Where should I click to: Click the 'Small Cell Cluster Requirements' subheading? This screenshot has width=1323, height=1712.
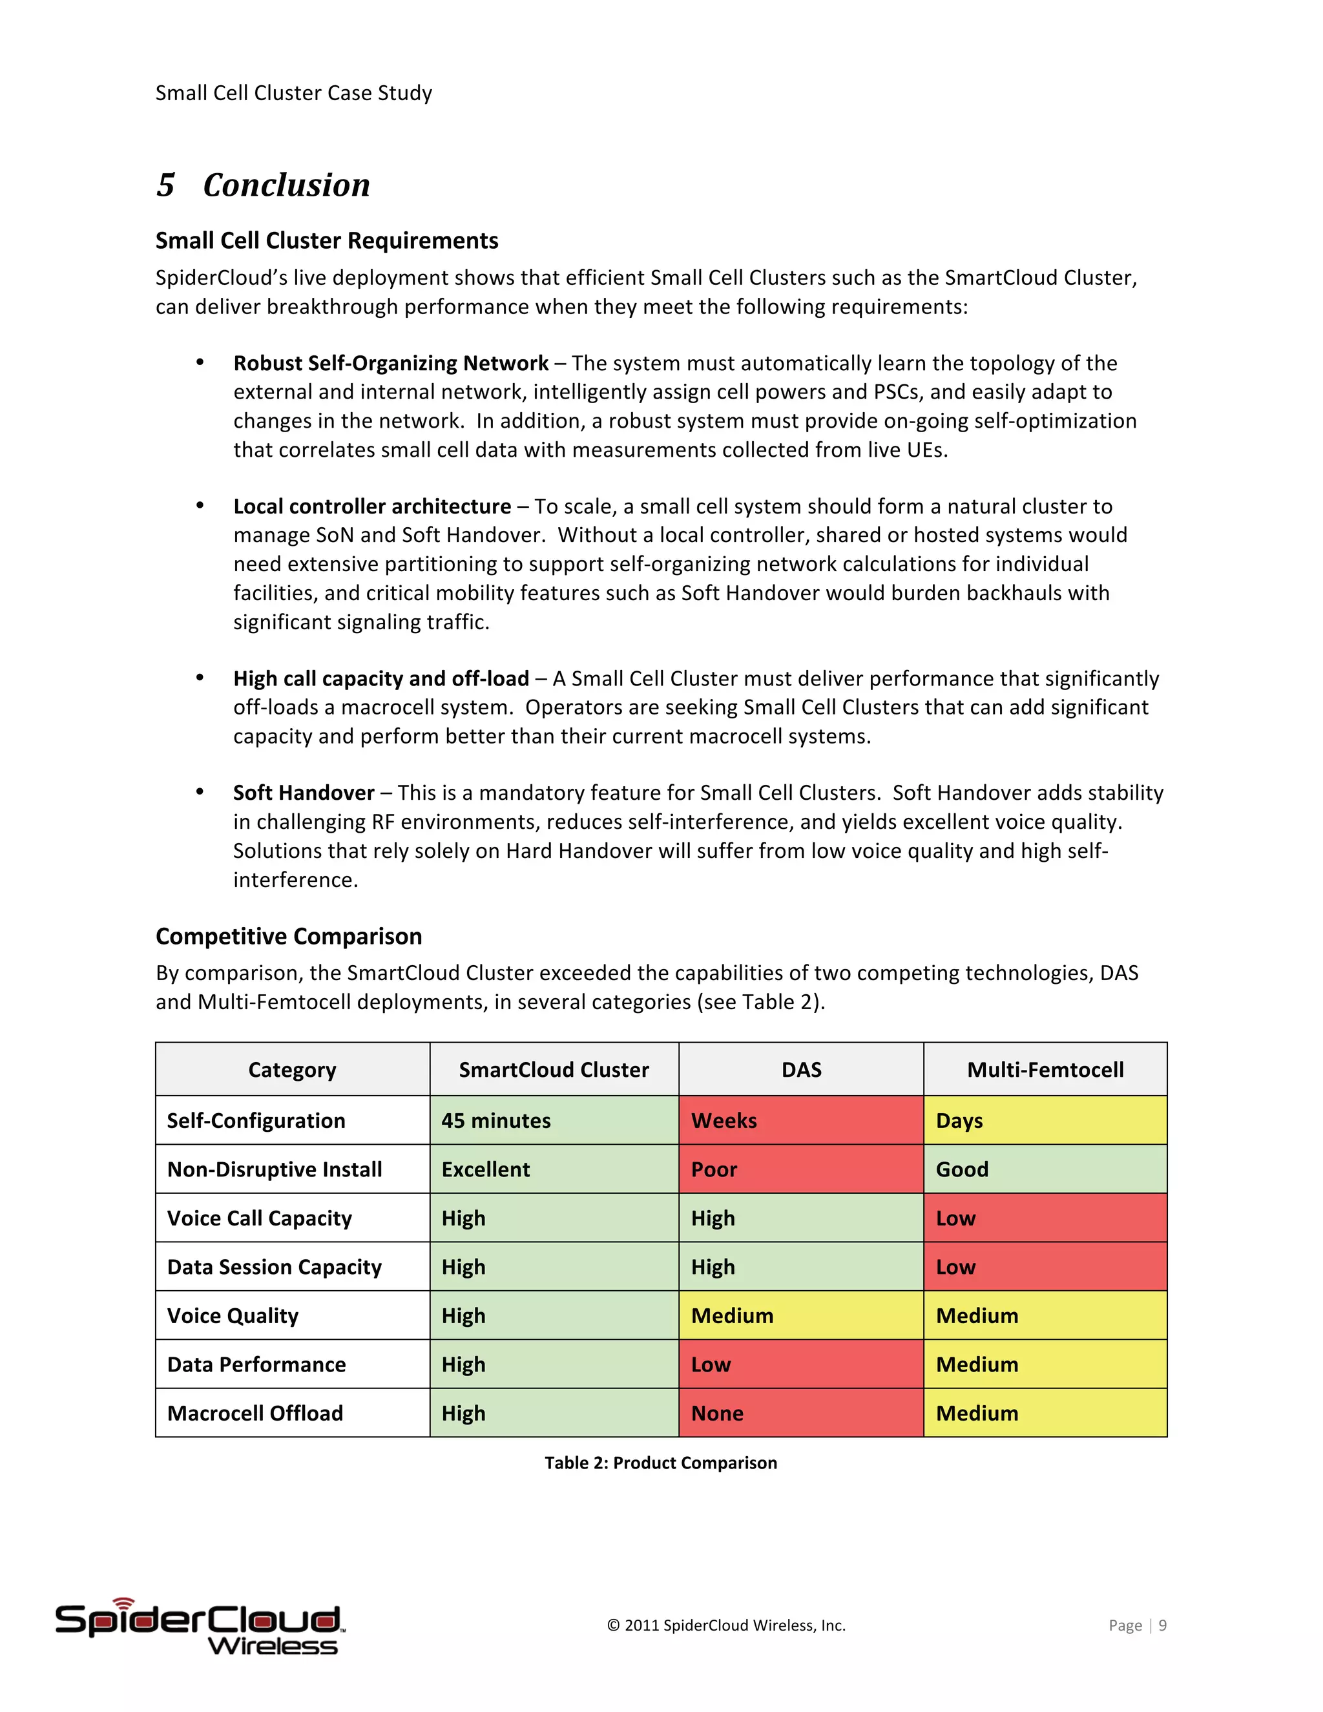click(x=327, y=241)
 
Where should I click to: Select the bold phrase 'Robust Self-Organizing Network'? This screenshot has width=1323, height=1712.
click(x=390, y=363)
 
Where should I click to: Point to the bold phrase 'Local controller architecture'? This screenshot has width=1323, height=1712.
click(x=372, y=506)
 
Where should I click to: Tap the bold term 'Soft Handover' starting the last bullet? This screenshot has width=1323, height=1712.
click(x=304, y=793)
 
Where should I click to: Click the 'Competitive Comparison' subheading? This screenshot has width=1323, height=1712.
click(x=288, y=936)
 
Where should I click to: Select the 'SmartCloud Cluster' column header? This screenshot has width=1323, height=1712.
click(x=554, y=1069)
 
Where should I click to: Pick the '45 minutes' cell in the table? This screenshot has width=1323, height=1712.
click(x=495, y=1120)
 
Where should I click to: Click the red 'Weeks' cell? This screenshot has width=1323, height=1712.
click(x=724, y=1120)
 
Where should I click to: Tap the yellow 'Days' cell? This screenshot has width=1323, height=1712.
click(x=959, y=1120)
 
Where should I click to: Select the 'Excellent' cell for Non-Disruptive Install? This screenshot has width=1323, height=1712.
click(x=485, y=1169)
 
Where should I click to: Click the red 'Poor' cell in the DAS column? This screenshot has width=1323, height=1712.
click(x=714, y=1169)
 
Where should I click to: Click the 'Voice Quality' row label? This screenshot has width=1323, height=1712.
click(x=233, y=1315)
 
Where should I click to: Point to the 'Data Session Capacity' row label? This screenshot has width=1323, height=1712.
click(x=275, y=1267)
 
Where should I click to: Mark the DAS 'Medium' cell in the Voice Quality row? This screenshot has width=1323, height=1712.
click(x=732, y=1315)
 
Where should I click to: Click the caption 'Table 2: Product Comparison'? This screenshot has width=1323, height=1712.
click(x=661, y=1463)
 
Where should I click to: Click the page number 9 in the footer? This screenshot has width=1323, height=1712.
click(x=1162, y=1625)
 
